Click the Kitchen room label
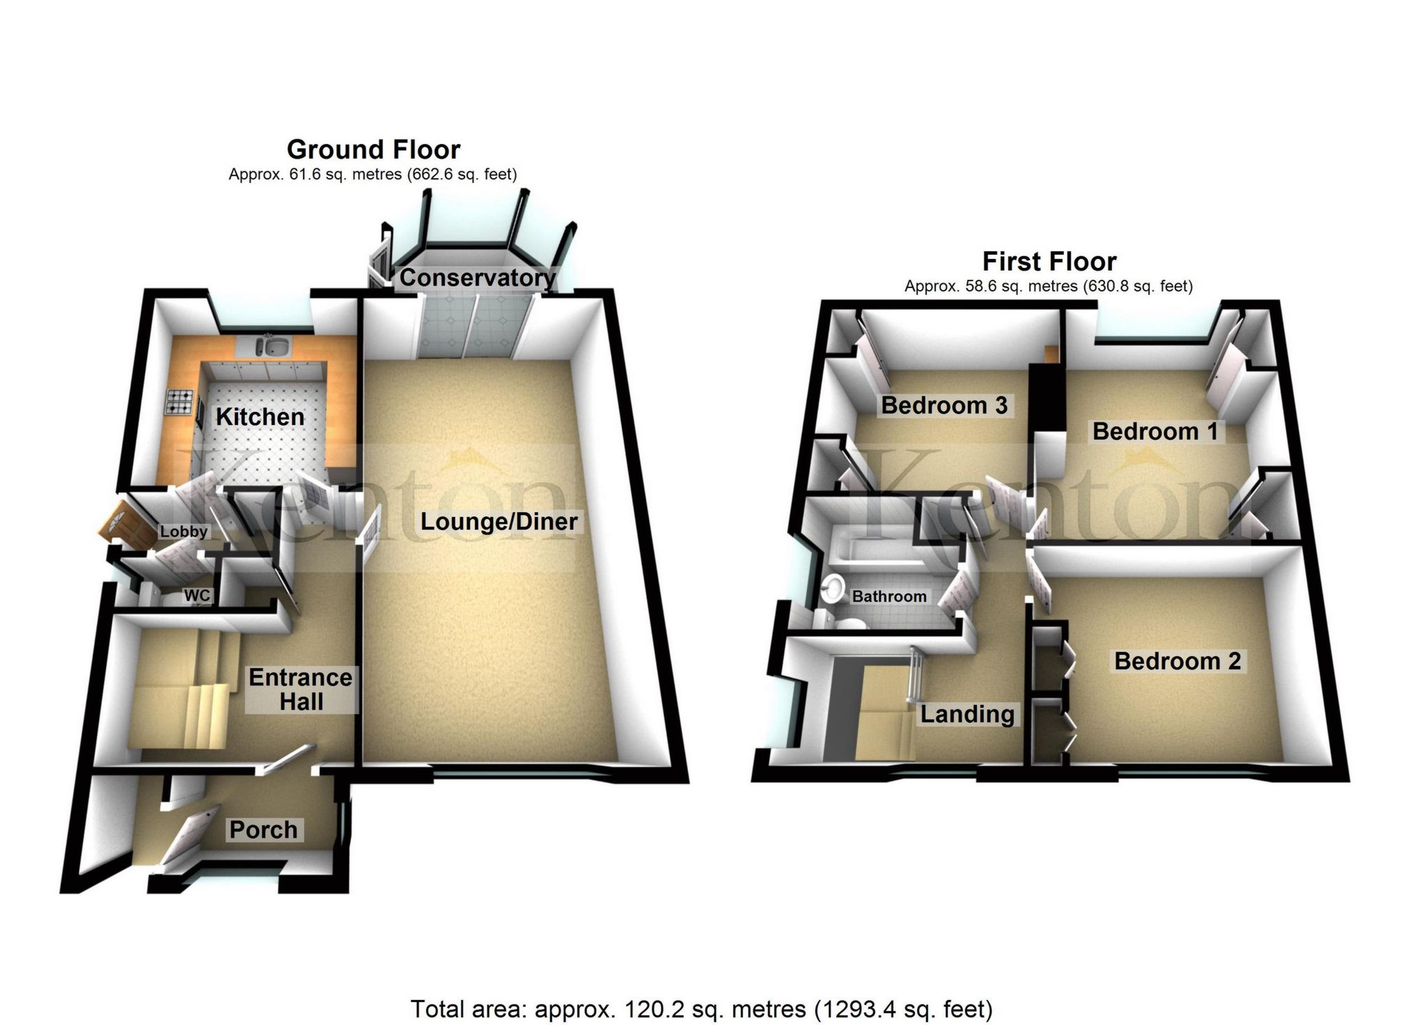coord(260,417)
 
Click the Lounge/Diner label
coord(499,521)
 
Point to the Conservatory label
coord(477,278)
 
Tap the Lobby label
coord(184,532)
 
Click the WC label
coord(196,596)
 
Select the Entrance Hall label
coord(301,689)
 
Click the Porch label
coord(263,829)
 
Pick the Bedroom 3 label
coord(944,405)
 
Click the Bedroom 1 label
coord(1155,431)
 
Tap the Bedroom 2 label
coord(1177,660)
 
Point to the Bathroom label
coord(889,596)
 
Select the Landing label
coord(967,714)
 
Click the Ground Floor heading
coord(373,150)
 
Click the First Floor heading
coord(1049,262)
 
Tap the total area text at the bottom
coord(701,1008)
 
